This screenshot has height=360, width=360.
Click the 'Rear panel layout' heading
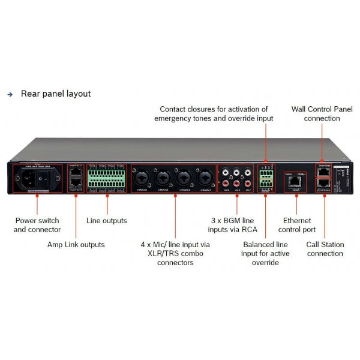(x=56, y=94)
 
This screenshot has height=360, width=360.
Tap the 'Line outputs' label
(x=107, y=220)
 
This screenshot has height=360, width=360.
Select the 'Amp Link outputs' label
(x=76, y=244)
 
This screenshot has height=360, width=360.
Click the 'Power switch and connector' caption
(x=37, y=224)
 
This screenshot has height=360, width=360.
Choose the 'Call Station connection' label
(x=325, y=248)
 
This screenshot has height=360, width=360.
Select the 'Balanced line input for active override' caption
(x=265, y=253)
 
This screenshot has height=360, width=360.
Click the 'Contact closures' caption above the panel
(x=214, y=113)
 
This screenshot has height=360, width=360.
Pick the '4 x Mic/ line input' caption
(x=176, y=253)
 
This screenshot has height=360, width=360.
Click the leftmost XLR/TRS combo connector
(x=145, y=178)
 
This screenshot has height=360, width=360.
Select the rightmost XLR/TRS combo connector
(x=204, y=178)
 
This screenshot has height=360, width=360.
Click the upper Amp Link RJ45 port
(x=76, y=172)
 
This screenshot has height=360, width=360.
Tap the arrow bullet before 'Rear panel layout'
(x=10, y=95)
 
